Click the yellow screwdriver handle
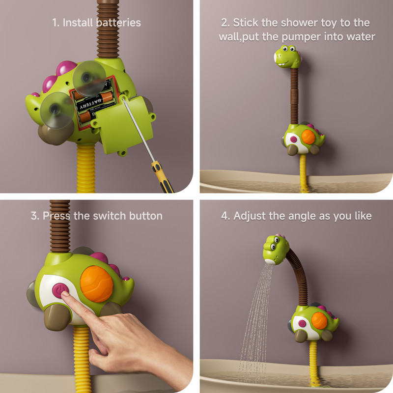click(163, 177)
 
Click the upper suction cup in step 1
click(89, 79)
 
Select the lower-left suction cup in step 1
click(57, 110)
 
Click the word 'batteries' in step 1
click(118, 23)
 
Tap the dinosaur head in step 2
click(287, 57)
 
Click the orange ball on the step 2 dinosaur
click(308, 137)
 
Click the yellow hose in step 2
click(304, 172)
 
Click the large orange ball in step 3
click(96, 284)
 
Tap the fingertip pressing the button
click(65, 294)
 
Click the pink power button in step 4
click(302, 324)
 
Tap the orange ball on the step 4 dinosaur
click(319, 321)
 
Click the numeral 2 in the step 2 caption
click(224, 23)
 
